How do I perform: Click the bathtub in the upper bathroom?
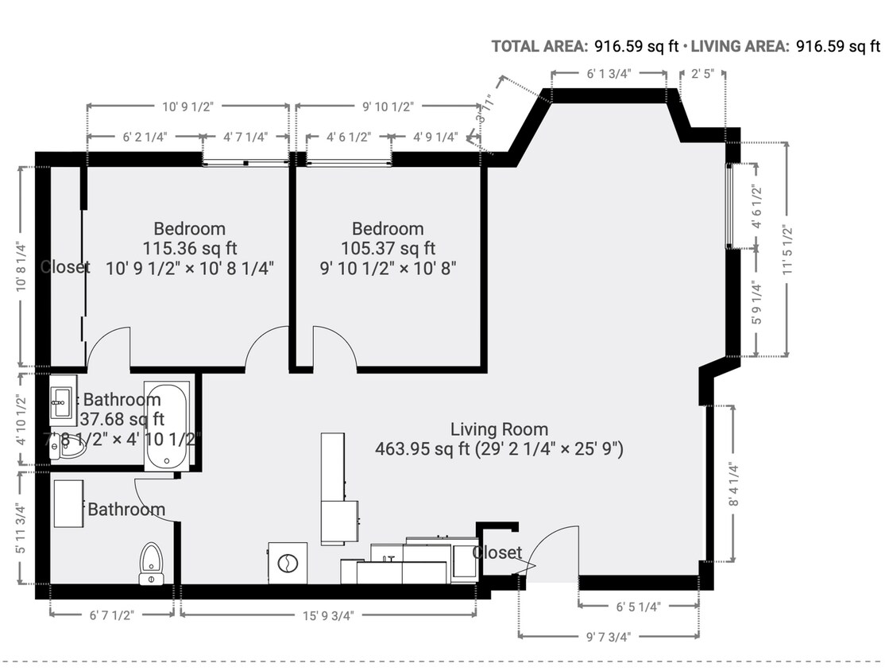click(168, 427)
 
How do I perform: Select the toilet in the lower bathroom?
click(151, 563)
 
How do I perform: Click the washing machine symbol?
click(286, 563)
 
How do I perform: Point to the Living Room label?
click(498, 430)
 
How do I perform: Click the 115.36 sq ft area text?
click(189, 248)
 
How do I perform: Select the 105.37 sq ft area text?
click(388, 248)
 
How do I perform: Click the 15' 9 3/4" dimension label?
click(327, 615)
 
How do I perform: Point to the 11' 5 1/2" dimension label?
click(788, 250)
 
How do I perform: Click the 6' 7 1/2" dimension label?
click(111, 615)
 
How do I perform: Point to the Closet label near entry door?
click(497, 553)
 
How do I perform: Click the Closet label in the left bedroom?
click(65, 267)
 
